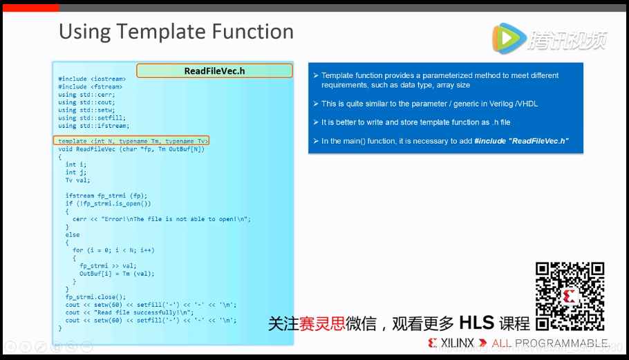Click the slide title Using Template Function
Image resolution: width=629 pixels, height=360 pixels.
tap(176, 32)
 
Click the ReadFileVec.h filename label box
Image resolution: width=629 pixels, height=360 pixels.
tap(214, 70)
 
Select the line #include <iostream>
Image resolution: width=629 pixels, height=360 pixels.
tap(92, 79)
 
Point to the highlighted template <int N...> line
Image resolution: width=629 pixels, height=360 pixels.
tap(132, 141)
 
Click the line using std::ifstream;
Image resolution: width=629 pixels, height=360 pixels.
tap(93, 126)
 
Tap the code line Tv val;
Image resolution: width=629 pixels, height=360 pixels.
tap(77, 180)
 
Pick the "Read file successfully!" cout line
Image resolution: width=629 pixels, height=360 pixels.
tap(129, 312)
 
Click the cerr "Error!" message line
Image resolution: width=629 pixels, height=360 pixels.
tap(161, 219)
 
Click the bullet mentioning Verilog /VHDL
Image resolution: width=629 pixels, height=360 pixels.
tap(429, 104)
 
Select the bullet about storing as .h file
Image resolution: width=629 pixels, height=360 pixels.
tap(415, 122)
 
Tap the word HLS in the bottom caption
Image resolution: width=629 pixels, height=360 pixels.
tap(476, 323)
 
